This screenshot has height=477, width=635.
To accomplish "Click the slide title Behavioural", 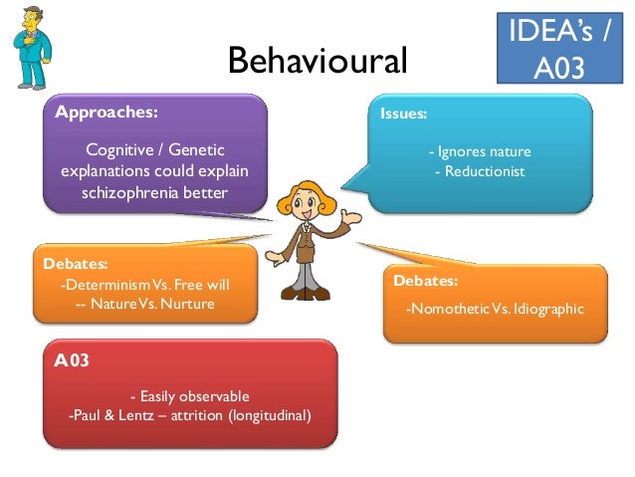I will [x=317, y=62].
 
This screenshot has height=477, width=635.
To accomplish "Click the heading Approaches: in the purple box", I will [x=106, y=112].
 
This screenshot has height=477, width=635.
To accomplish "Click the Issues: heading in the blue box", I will [x=404, y=114].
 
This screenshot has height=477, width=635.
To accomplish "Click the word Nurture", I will [x=188, y=303].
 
